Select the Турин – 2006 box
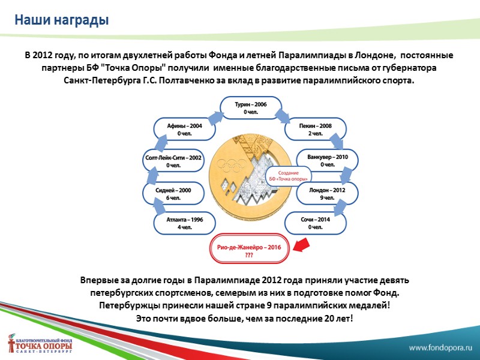(x=251, y=107)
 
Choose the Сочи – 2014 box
(x=315, y=223)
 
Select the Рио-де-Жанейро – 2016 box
(x=249, y=250)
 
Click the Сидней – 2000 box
(x=173, y=193)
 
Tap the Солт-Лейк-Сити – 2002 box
(x=173, y=161)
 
